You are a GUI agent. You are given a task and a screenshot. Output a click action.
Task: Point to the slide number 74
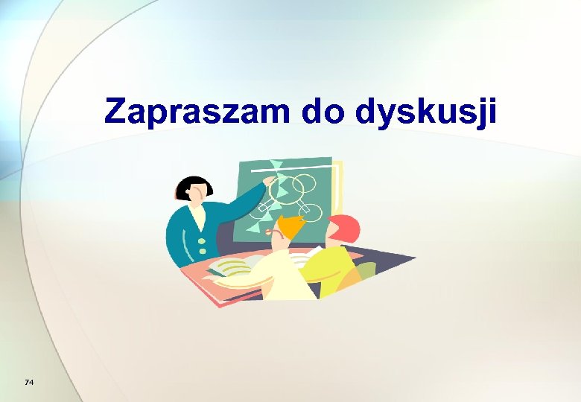[x=29, y=383]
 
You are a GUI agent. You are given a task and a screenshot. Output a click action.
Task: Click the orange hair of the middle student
[x=292, y=223]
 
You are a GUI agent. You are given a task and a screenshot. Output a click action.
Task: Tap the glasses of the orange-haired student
[x=278, y=232]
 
